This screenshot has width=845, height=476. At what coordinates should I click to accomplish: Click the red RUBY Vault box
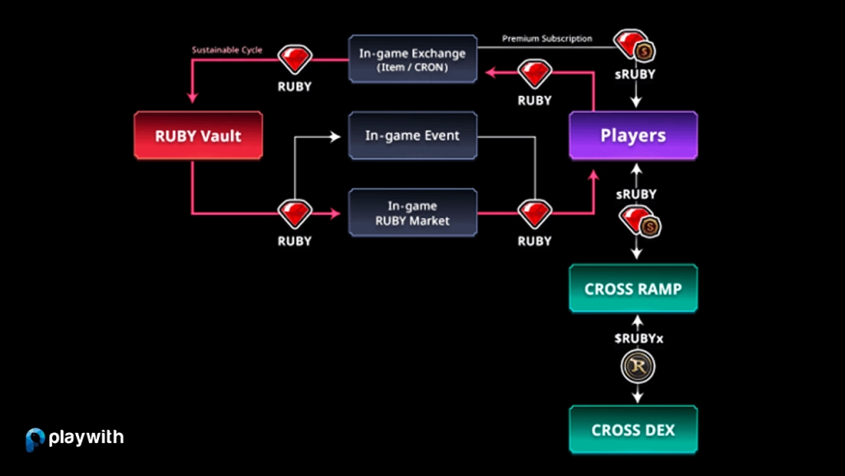(x=198, y=136)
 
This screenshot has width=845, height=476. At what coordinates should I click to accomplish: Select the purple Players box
(x=633, y=136)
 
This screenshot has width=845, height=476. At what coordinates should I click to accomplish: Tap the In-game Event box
(x=413, y=136)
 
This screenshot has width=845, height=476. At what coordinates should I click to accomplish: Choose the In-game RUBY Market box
(x=413, y=212)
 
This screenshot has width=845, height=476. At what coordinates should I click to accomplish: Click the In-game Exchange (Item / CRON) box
(x=413, y=59)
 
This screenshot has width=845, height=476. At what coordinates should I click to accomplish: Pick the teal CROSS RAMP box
(x=633, y=288)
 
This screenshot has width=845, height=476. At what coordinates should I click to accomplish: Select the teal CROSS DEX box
(x=633, y=430)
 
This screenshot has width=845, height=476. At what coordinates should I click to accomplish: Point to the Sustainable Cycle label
(x=227, y=50)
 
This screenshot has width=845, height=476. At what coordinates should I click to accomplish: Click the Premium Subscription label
(x=547, y=39)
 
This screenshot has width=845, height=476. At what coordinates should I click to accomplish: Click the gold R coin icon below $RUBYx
(x=635, y=367)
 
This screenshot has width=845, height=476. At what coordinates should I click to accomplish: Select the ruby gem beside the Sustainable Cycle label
(x=295, y=60)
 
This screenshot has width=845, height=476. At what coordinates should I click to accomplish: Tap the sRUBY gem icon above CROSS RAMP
(x=636, y=221)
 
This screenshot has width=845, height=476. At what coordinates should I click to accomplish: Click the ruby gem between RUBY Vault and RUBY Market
(x=295, y=214)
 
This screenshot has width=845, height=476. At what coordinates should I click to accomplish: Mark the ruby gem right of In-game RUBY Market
(x=534, y=214)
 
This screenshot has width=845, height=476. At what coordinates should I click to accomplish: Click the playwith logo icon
(x=35, y=439)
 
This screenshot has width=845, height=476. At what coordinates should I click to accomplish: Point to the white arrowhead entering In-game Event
(x=335, y=136)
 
